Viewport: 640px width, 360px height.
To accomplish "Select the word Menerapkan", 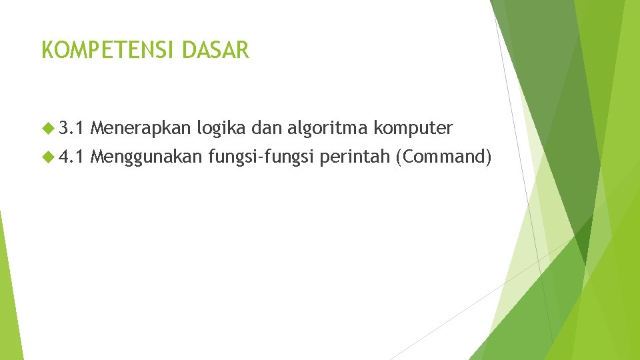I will click(140, 127).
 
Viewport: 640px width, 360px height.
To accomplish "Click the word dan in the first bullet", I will click(265, 127).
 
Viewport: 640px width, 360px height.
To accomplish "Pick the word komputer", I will click(414, 127).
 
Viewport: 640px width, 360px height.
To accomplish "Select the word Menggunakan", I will click(146, 157).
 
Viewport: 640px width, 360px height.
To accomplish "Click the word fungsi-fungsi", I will click(261, 157).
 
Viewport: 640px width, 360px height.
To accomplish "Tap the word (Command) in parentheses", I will click(443, 157).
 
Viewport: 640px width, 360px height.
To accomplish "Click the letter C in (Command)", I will click(407, 157).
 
